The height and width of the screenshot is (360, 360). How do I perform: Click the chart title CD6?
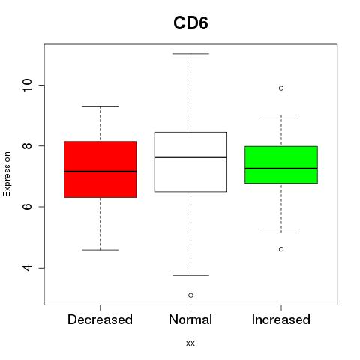190,23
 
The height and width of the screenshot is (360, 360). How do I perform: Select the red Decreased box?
100,169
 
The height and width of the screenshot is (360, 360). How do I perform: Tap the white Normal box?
190,162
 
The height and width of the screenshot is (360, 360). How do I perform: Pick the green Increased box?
281,165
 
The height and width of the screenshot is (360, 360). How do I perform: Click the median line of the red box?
100,172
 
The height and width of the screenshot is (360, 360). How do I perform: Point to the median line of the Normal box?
190,157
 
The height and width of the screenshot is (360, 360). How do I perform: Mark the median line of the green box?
281,169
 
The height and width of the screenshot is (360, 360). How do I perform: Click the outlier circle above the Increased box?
281,88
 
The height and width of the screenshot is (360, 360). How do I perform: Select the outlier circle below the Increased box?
281,249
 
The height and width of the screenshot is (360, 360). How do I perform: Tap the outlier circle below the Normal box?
190,295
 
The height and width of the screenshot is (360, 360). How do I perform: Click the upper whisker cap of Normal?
190,54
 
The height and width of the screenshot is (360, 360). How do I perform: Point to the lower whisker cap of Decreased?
100,250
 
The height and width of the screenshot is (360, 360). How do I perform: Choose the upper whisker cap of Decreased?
100,106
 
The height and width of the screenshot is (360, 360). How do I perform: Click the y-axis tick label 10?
28,85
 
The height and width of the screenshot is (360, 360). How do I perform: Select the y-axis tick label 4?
28,268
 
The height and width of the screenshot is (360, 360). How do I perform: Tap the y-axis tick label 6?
28,207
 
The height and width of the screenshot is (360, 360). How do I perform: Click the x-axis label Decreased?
100,319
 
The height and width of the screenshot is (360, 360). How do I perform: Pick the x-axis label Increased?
281,319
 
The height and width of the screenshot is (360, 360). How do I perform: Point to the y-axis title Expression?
7,174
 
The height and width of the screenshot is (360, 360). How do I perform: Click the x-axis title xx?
190,343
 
